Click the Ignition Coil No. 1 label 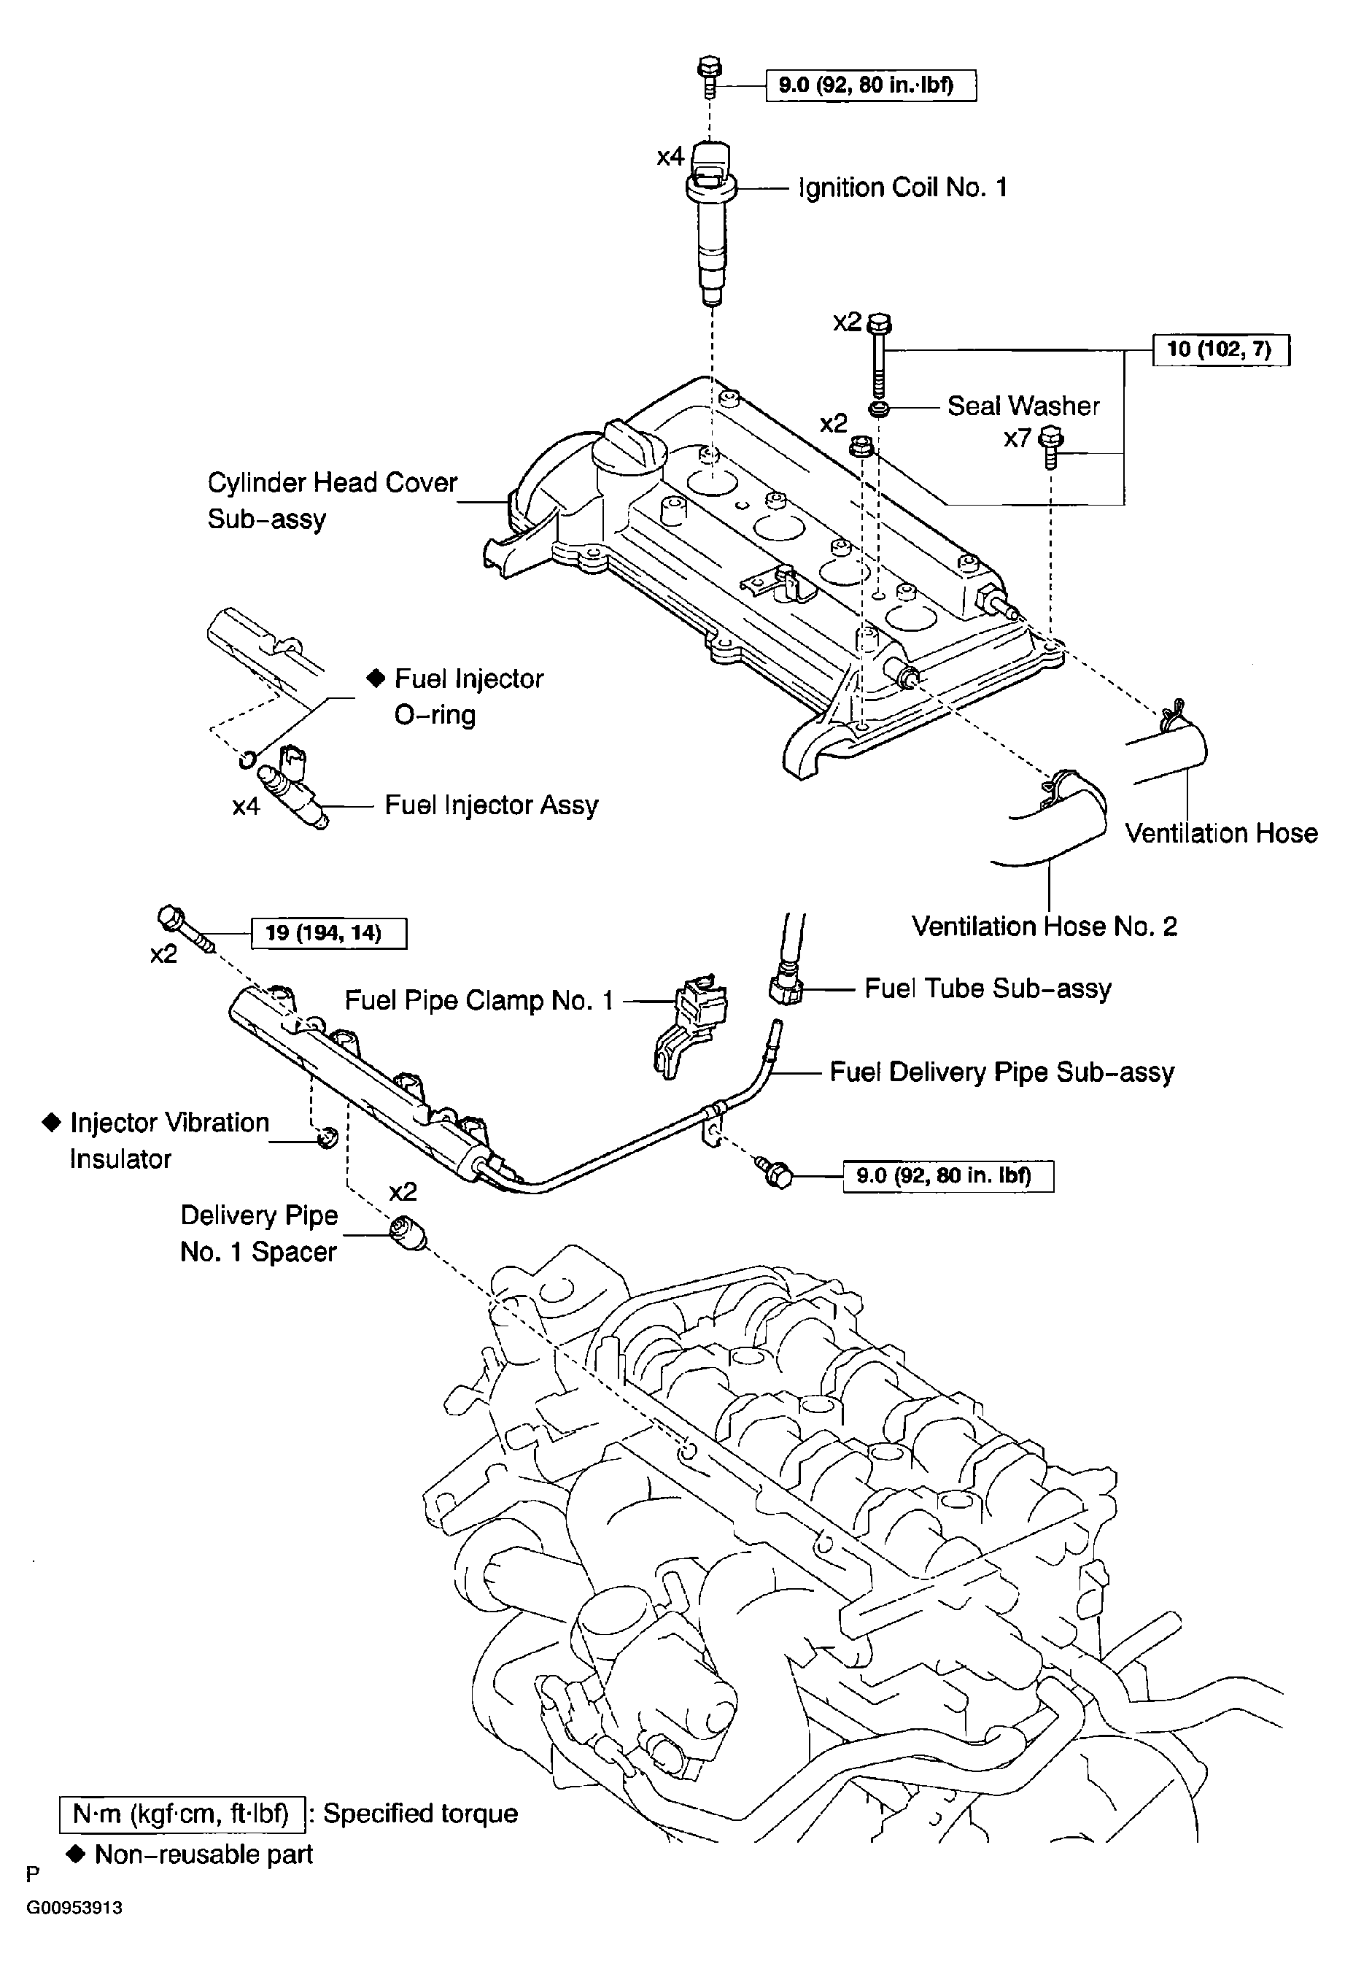click(x=903, y=187)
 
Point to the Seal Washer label click(x=1023, y=406)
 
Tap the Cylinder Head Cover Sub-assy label click(x=332, y=500)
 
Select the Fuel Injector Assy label click(x=492, y=805)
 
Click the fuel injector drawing click(x=293, y=787)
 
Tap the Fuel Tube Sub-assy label click(x=988, y=989)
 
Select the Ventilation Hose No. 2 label click(x=1044, y=926)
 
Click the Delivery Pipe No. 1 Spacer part click(x=408, y=1237)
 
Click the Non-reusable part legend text click(x=204, y=1855)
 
